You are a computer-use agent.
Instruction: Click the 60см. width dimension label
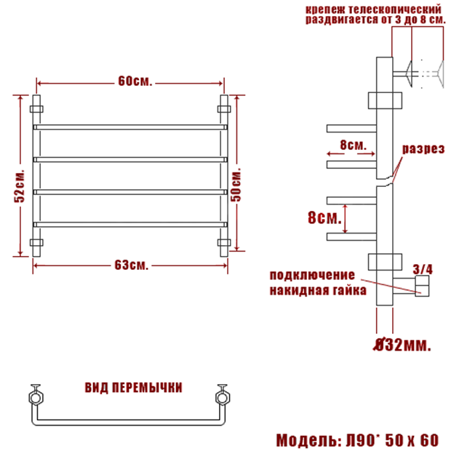pyautogui.click(x=135, y=81)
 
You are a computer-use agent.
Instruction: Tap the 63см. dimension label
pyautogui.click(x=132, y=266)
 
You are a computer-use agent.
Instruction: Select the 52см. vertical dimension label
pyautogui.click(x=20, y=186)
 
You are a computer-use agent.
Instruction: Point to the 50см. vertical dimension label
pyautogui.click(x=236, y=185)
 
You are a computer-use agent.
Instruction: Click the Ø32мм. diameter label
pyautogui.click(x=402, y=345)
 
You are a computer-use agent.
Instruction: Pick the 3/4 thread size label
pyautogui.click(x=423, y=269)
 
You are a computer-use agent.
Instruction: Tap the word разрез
pyautogui.click(x=423, y=149)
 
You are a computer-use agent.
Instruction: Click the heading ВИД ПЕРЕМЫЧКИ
pyautogui.click(x=133, y=388)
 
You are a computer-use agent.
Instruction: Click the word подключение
pyautogui.click(x=312, y=275)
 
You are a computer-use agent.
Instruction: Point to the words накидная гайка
pyautogui.click(x=318, y=290)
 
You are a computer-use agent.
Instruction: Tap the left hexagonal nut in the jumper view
pyautogui.click(x=36, y=398)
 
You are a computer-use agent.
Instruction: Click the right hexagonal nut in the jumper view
pyautogui.click(x=223, y=398)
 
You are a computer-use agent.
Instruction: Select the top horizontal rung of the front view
pyautogui.click(x=130, y=127)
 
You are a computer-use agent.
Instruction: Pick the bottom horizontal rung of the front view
pyautogui.click(x=130, y=224)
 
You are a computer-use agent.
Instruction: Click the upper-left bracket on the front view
pyautogui.click(x=36, y=109)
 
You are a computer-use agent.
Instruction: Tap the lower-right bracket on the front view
pyautogui.click(x=224, y=242)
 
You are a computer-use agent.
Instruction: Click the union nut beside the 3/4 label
pyautogui.click(x=422, y=286)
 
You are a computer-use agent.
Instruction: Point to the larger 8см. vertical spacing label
pyautogui.click(x=324, y=217)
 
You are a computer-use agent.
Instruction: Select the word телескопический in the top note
pyautogui.click(x=394, y=9)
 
